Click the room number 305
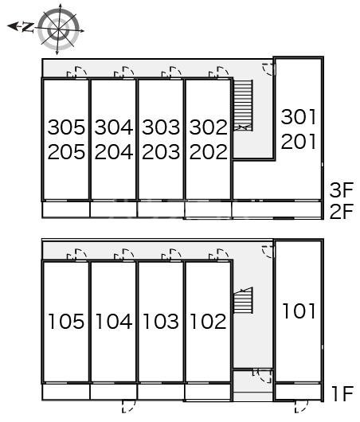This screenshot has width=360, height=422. pos(66,127)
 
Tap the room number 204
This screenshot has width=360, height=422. pos(114,152)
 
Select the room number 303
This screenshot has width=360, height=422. pos(161,127)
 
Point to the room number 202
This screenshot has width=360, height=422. pos(208,152)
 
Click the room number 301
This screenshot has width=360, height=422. pos(299,117)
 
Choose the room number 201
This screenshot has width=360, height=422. pos(299,142)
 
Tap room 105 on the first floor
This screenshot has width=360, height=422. pos(66,322)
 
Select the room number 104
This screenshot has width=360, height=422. pos(114,322)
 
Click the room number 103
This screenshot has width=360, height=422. pos(161,322)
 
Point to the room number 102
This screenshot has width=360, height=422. pos(208,322)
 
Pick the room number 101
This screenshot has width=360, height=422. pos(299,311)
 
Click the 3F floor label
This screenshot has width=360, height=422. pos(342,190)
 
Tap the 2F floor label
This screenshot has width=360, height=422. pos(342,211)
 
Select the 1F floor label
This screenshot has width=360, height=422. pos(342,394)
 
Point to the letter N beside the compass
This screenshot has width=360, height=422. pos(28,27)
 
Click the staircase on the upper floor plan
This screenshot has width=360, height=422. pos(243,105)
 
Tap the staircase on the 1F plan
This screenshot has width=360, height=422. pos(243,300)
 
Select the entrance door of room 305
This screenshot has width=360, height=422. pos(76,72)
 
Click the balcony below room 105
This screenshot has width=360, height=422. pos(66,392)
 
